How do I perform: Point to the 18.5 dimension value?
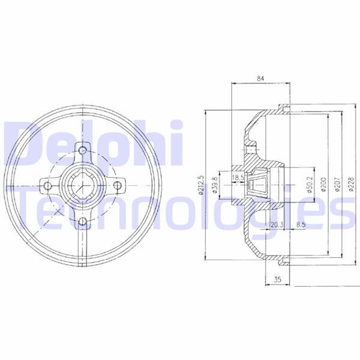pos(238,178)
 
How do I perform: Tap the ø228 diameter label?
pos(351,185)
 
